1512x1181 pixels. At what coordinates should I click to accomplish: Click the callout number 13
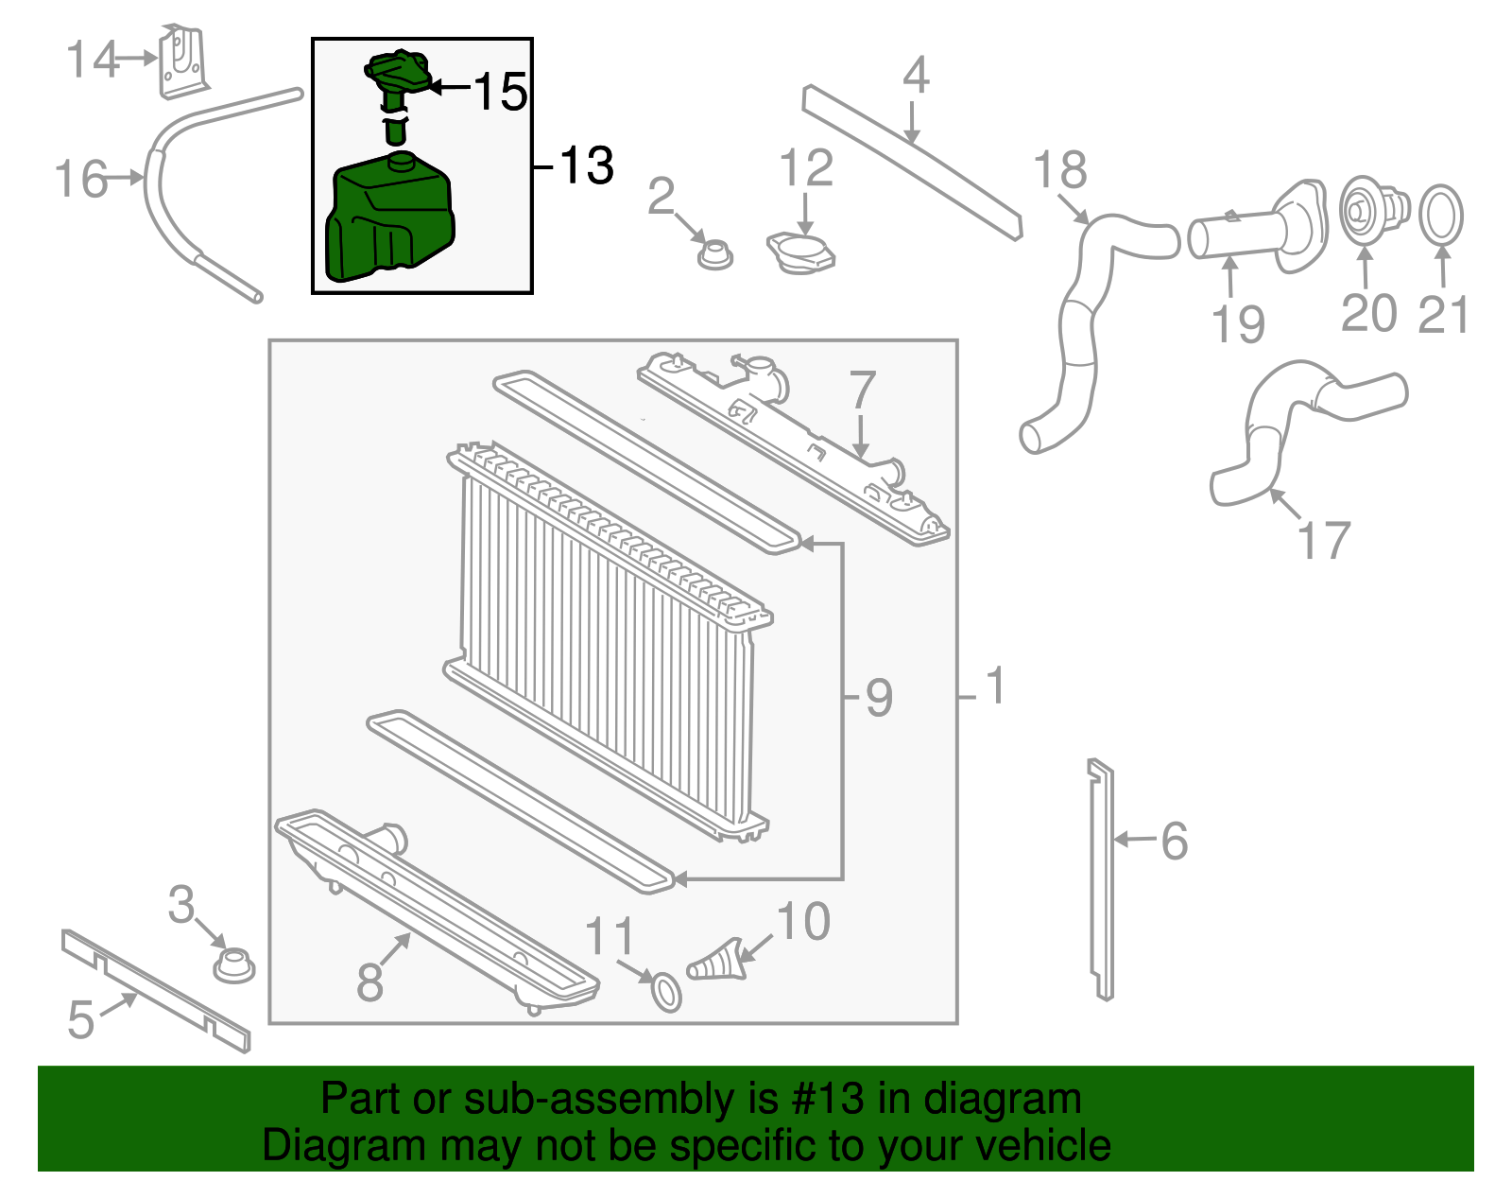tap(587, 166)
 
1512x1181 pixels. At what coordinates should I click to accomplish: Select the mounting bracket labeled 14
tap(182, 62)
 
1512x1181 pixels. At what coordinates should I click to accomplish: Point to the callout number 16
tap(81, 179)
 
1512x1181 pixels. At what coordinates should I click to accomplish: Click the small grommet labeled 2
tap(714, 254)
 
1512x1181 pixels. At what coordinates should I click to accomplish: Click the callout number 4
tap(915, 75)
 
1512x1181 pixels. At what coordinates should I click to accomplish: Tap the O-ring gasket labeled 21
tap(1441, 216)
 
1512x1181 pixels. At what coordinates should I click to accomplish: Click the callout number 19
tap(1238, 323)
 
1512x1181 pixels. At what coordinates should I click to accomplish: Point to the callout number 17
tap(1323, 541)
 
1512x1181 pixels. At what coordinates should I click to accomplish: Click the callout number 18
tap(1059, 170)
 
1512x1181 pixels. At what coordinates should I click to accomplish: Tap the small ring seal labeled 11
tap(667, 993)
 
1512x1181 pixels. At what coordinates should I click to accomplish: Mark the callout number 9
tap(879, 698)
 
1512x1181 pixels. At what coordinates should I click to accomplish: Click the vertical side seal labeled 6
tap(1102, 879)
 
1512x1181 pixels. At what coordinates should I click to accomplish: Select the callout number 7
tap(862, 390)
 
